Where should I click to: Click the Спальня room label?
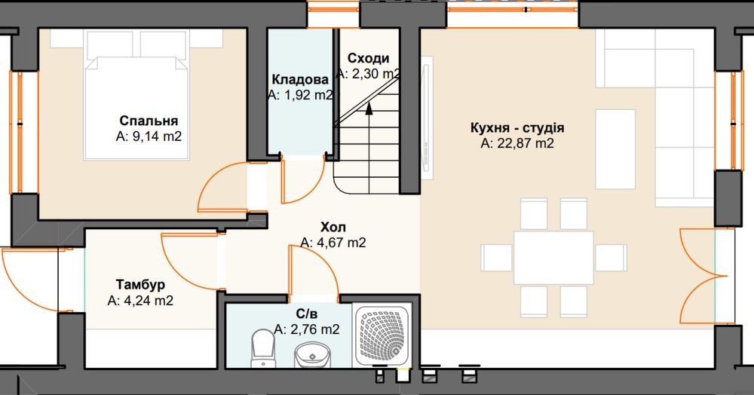pyautogui.click(x=149, y=121)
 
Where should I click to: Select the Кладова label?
pyautogui.click(x=300, y=79)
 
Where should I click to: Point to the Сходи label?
pyautogui.click(x=369, y=58)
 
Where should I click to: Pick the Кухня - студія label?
pyautogui.click(x=517, y=128)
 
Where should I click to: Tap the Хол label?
pyautogui.click(x=333, y=227)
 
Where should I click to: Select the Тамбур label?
pyautogui.click(x=140, y=284)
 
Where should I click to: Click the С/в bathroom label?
pyautogui.click(x=307, y=314)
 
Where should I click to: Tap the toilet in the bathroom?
pyautogui.click(x=262, y=347)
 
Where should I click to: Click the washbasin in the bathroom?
pyautogui.click(x=311, y=355)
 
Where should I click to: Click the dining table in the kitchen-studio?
pyautogui.click(x=553, y=258)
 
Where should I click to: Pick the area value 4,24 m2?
pyautogui.click(x=140, y=301)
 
